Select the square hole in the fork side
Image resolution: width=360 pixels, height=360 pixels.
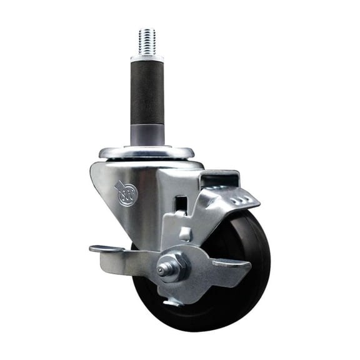click(181, 204)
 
